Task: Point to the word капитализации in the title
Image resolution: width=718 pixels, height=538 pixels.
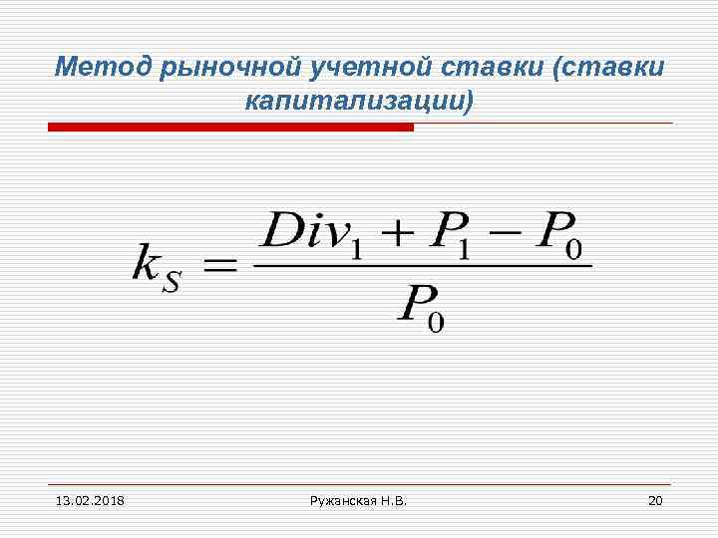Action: coord(352,101)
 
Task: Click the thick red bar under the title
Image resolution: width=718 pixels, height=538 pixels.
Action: coord(230,128)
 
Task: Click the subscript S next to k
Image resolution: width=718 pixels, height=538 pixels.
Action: coord(173,281)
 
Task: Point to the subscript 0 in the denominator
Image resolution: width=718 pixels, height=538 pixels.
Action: coord(438,321)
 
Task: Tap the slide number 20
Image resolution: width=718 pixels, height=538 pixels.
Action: coord(655,499)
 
